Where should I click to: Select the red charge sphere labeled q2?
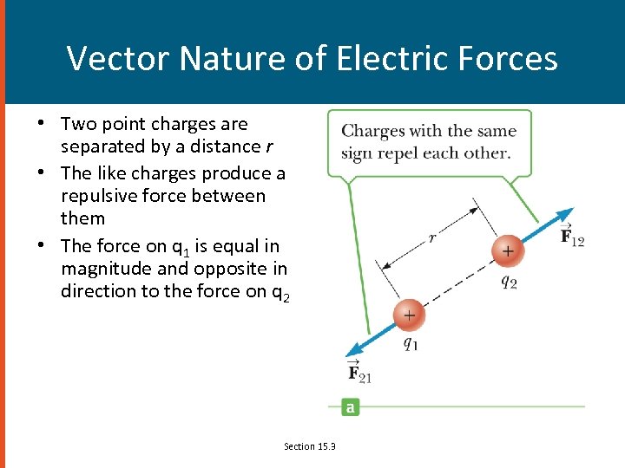(507, 251)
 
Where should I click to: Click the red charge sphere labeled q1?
(408, 315)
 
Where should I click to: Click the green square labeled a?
(350, 406)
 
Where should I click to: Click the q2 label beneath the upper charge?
(509, 283)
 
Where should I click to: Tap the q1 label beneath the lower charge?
(411, 343)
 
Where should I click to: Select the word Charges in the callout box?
(373, 132)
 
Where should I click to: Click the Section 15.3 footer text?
(310, 446)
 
